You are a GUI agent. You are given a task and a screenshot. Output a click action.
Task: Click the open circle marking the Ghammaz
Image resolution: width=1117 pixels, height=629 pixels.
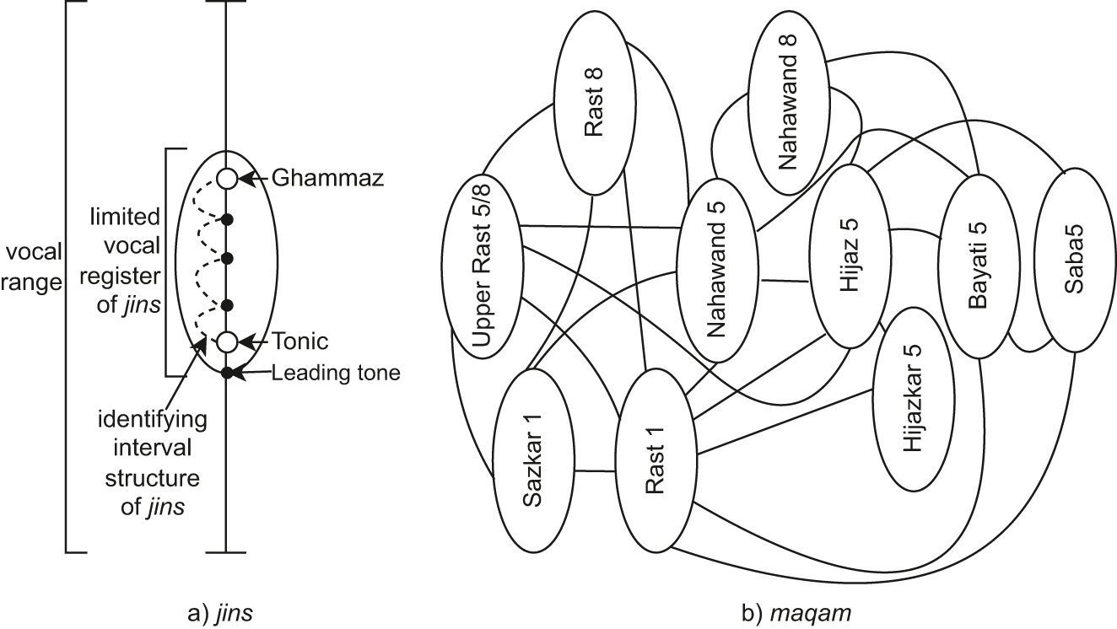tap(225, 179)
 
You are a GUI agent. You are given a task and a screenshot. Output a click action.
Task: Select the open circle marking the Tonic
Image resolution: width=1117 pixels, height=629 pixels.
tap(225, 341)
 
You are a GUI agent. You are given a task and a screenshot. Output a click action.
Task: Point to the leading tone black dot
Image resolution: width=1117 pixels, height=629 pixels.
tap(225, 372)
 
